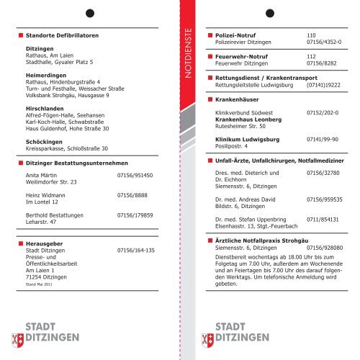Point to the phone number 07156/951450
pos(135,175)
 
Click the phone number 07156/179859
pos(135,215)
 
